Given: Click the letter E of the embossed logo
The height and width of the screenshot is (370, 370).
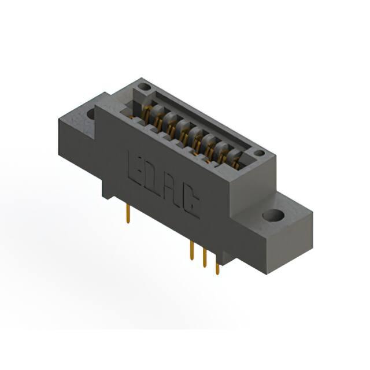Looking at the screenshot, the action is coord(134,168).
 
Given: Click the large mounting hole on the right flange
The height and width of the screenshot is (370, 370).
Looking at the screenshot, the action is coord(273,214).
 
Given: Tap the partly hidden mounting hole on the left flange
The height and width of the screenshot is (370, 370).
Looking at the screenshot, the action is coord(91,114).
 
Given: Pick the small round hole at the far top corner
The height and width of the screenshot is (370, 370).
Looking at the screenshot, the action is coord(144,87).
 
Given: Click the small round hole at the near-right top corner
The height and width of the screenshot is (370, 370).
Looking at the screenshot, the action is coord(259,153).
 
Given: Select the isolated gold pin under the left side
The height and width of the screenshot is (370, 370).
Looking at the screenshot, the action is coord(128,213).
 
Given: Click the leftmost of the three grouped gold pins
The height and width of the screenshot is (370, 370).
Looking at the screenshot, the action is coord(192,250).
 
